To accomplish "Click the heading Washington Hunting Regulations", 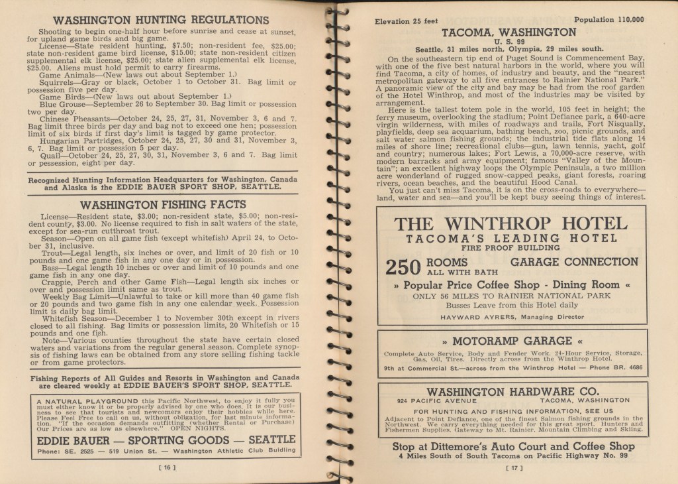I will tap(161, 20).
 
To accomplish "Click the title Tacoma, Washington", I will tap(508, 32).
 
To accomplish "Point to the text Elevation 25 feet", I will tap(407, 21).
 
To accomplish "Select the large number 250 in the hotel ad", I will tap(403, 267).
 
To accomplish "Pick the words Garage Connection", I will tap(574, 262).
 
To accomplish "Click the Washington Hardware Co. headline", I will tap(512, 391).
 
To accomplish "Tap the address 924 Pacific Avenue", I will tap(436, 401).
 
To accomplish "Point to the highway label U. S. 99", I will tap(508, 41).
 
